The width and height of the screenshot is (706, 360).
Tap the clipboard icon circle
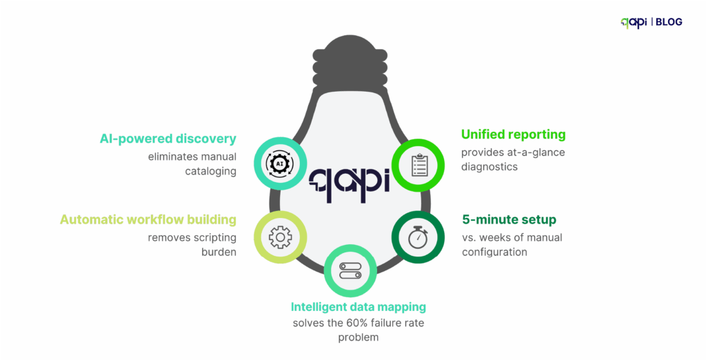coord(418,164)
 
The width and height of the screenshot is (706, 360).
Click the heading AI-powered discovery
coord(168,139)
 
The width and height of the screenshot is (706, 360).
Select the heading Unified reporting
coord(513,134)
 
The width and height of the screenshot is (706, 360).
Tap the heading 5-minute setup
coord(509,220)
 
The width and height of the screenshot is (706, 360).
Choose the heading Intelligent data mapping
coord(359,307)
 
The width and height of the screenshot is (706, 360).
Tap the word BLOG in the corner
coord(669,22)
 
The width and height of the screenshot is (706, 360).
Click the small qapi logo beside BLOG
coord(634,23)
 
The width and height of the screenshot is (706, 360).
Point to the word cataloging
coord(210,171)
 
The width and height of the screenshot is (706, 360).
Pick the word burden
coord(219,252)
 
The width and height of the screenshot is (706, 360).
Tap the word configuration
coord(494,252)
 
